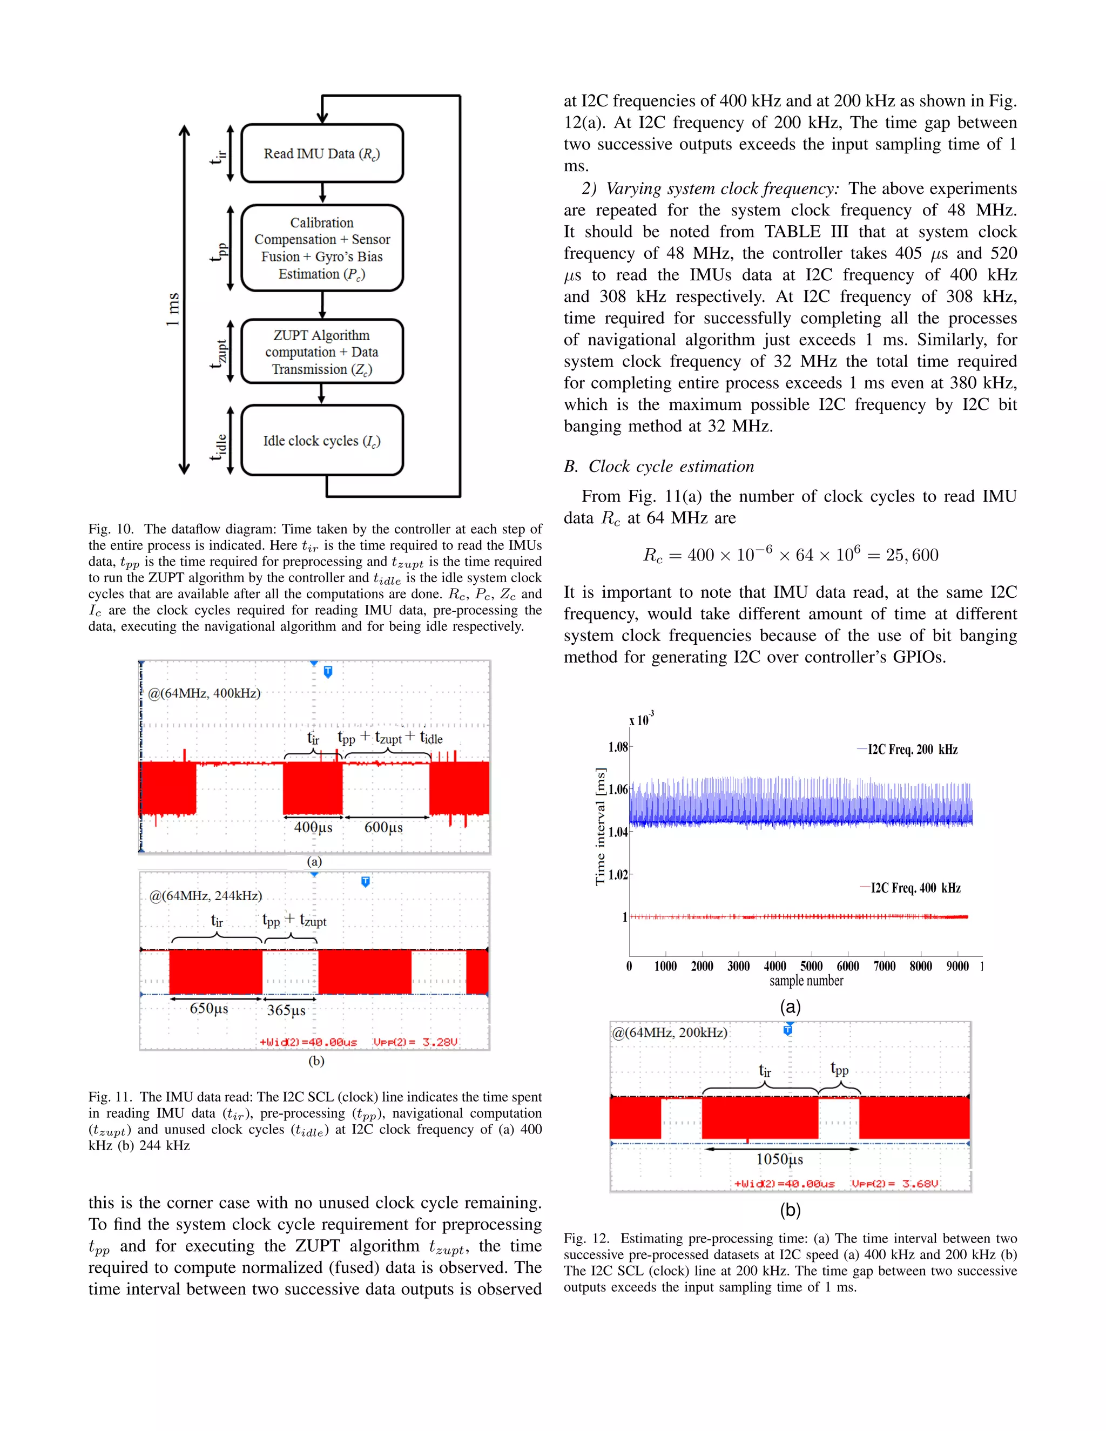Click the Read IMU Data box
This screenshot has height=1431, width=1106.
click(x=322, y=153)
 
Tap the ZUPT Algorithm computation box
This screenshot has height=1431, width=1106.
click(x=322, y=352)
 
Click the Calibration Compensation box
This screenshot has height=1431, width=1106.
click(x=322, y=248)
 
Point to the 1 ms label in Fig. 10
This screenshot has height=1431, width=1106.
click(x=172, y=309)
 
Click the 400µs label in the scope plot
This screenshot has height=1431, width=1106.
click(x=313, y=827)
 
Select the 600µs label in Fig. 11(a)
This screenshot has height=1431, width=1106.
click(x=383, y=827)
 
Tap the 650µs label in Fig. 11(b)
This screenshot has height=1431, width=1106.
click(x=209, y=1008)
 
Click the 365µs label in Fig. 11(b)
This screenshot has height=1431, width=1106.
click(x=286, y=1010)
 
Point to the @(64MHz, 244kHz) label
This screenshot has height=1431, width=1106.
click(x=206, y=896)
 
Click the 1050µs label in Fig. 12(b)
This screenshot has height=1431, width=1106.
click(x=780, y=1159)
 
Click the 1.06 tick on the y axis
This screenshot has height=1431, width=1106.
click(x=618, y=789)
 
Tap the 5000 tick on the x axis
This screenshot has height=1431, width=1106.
click(x=811, y=966)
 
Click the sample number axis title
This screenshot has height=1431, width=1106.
click(x=806, y=981)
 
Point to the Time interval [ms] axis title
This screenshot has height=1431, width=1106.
click(x=599, y=827)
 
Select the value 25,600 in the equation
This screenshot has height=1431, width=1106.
click(x=912, y=555)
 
